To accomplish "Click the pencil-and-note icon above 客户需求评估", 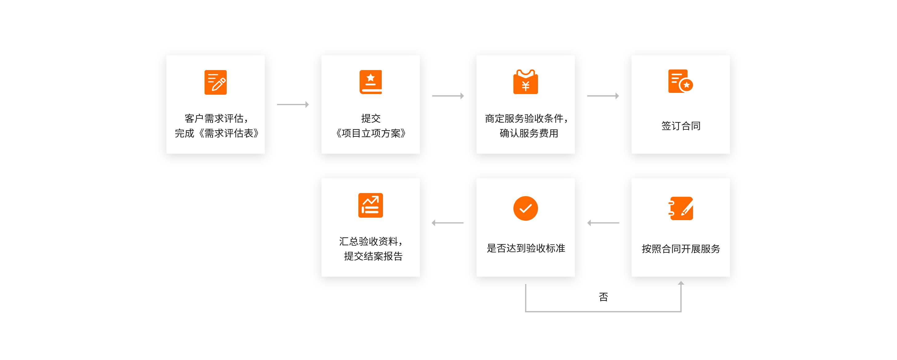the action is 216,82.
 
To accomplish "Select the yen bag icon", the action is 525,82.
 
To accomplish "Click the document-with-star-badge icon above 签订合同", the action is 680,81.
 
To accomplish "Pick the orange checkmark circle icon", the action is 525,208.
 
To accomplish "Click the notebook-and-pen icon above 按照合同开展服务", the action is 681,208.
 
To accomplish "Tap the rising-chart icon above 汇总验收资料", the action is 370,205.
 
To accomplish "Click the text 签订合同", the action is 681,126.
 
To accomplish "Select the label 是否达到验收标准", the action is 526,248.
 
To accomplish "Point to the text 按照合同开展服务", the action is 681,249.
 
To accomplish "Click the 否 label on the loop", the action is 604,297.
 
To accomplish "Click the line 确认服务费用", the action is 528,133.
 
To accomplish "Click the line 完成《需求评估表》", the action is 217,133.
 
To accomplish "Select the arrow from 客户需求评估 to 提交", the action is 293,105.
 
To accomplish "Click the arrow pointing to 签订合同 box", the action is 603,96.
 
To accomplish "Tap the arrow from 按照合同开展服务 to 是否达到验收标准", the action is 603,223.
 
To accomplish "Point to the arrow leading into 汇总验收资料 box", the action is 448,223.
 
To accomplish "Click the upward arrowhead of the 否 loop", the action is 681,283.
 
